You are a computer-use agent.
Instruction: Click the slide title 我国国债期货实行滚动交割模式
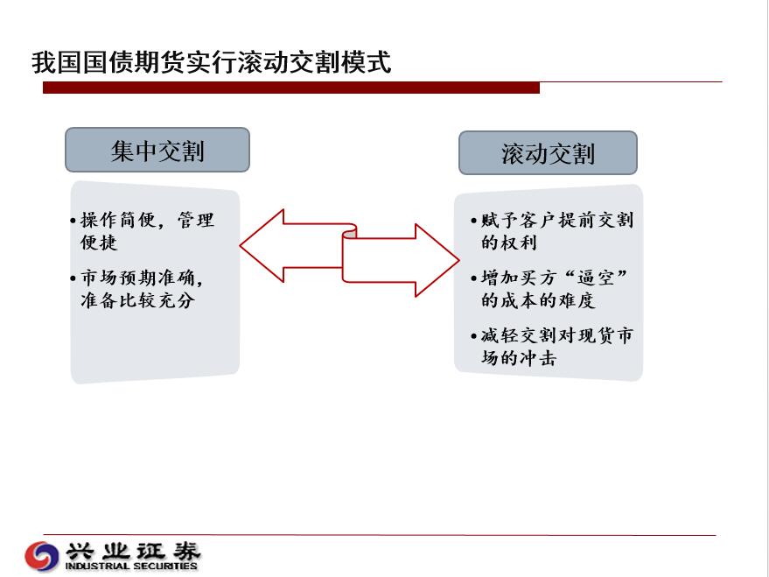click(x=212, y=62)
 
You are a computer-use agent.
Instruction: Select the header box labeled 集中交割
click(x=157, y=150)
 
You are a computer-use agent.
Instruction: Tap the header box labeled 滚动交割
click(x=548, y=152)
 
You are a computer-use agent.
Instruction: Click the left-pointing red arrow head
click(x=262, y=246)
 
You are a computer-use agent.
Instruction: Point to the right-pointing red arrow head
click(x=437, y=261)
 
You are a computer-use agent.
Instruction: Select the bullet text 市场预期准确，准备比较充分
click(x=143, y=289)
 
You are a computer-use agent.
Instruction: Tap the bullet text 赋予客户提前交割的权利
click(x=556, y=231)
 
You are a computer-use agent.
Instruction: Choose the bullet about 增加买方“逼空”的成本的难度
click(x=554, y=289)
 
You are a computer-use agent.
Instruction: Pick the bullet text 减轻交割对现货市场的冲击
click(x=556, y=347)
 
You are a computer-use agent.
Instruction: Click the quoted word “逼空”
click(x=596, y=278)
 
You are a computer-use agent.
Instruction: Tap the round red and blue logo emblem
click(x=42, y=556)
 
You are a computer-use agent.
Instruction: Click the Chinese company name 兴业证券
click(x=133, y=552)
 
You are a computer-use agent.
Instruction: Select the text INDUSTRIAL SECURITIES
click(x=131, y=566)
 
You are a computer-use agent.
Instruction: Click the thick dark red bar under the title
click(x=291, y=88)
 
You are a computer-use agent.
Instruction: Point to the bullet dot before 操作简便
click(x=73, y=221)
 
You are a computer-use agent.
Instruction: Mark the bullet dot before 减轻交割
click(x=474, y=336)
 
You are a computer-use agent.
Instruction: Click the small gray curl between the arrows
click(x=350, y=232)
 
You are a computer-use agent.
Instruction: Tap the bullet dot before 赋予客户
click(x=474, y=221)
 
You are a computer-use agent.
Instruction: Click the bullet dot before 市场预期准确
click(x=73, y=278)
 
